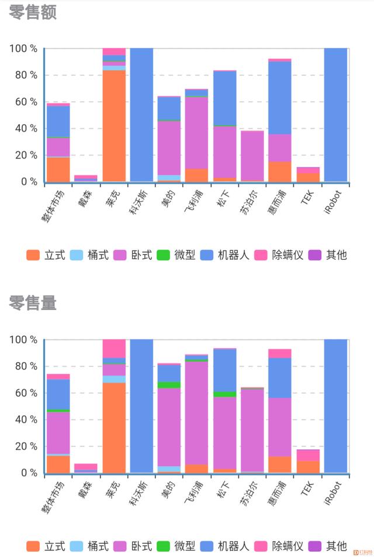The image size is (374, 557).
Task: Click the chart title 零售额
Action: click(33, 12)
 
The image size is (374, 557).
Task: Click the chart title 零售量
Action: click(33, 303)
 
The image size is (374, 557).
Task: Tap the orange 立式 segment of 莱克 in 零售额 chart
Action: click(114, 126)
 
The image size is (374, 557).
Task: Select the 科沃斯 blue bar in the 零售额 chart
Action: click(141, 115)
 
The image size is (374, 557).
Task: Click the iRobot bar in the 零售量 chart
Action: click(335, 406)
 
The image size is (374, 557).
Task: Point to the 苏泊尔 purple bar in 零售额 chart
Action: click(252, 156)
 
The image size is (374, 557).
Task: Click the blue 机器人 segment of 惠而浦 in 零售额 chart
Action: click(280, 98)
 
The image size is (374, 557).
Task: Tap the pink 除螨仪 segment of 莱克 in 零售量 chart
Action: click(114, 349)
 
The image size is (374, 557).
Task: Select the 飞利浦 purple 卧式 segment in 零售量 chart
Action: click(196, 413)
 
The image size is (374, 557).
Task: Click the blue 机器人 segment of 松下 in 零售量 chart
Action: click(224, 370)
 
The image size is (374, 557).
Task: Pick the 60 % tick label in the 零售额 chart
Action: click(26, 102)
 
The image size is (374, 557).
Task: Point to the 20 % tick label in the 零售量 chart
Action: click(26, 446)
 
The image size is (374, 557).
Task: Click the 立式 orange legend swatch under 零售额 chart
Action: click(33, 255)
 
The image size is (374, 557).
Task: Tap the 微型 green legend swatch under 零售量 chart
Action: click(163, 546)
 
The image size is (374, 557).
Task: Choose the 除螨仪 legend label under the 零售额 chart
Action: click(288, 255)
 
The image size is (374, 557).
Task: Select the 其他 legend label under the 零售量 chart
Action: click(337, 546)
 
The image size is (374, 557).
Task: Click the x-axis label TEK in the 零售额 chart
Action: click(307, 198)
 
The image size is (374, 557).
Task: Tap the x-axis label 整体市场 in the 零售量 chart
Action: click(53, 497)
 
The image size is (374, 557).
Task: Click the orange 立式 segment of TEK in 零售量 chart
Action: click(308, 467)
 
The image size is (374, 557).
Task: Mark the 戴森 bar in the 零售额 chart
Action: click(85, 178)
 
